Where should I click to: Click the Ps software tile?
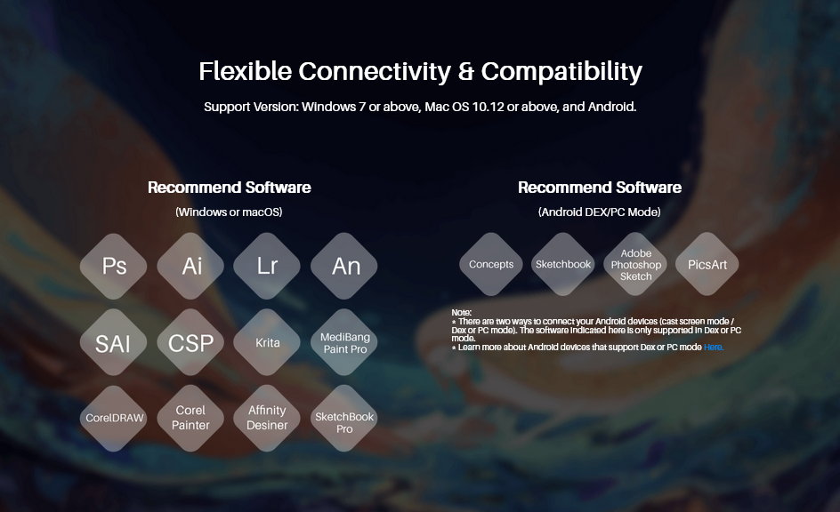[114, 266]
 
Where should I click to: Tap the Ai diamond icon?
[190, 266]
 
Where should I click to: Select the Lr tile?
[267, 266]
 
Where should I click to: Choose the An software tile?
[344, 266]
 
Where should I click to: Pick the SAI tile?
[114, 342]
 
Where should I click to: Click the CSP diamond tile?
[190, 342]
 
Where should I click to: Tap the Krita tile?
[267, 342]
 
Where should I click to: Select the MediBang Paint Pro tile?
[344, 342]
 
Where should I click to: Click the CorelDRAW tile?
[114, 418]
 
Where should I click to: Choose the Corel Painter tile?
[190, 418]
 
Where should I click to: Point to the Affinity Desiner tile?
[267, 418]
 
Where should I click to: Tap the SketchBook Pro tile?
[344, 418]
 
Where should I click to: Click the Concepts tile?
[490, 264]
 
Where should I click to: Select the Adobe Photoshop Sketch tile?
[636, 264]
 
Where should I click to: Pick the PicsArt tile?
[707, 264]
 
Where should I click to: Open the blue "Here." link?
[714, 348]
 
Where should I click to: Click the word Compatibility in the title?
[561, 72]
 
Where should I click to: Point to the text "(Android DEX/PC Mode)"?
[600, 212]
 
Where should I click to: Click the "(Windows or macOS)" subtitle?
[229, 212]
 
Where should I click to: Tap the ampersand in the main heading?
[466, 72]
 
